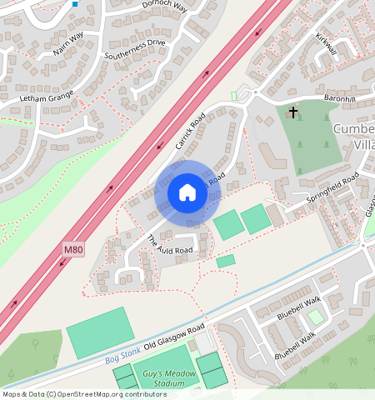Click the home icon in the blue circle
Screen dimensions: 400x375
pyautogui.click(x=187, y=193)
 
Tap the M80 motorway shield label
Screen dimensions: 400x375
pyautogui.click(x=73, y=249)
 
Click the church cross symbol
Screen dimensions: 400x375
pyautogui.click(x=292, y=111)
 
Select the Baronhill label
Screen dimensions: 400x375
pyautogui.click(x=341, y=99)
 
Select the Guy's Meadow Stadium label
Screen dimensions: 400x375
pyautogui.click(x=168, y=379)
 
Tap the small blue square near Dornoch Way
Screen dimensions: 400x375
pyautogui.click(x=75, y=4)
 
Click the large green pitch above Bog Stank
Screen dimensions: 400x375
pyautogui.click(x=99, y=332)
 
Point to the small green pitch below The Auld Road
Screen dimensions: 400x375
pyautogui.click(x=225, y=262)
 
